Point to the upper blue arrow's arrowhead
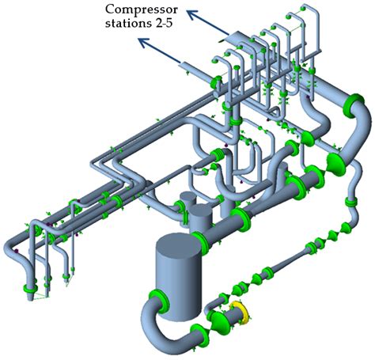point(193,9)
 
